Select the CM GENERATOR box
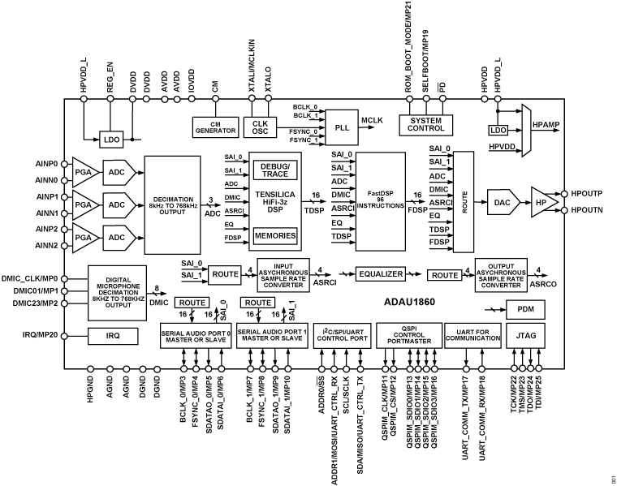click(214, 126)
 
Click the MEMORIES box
click(274, 235)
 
